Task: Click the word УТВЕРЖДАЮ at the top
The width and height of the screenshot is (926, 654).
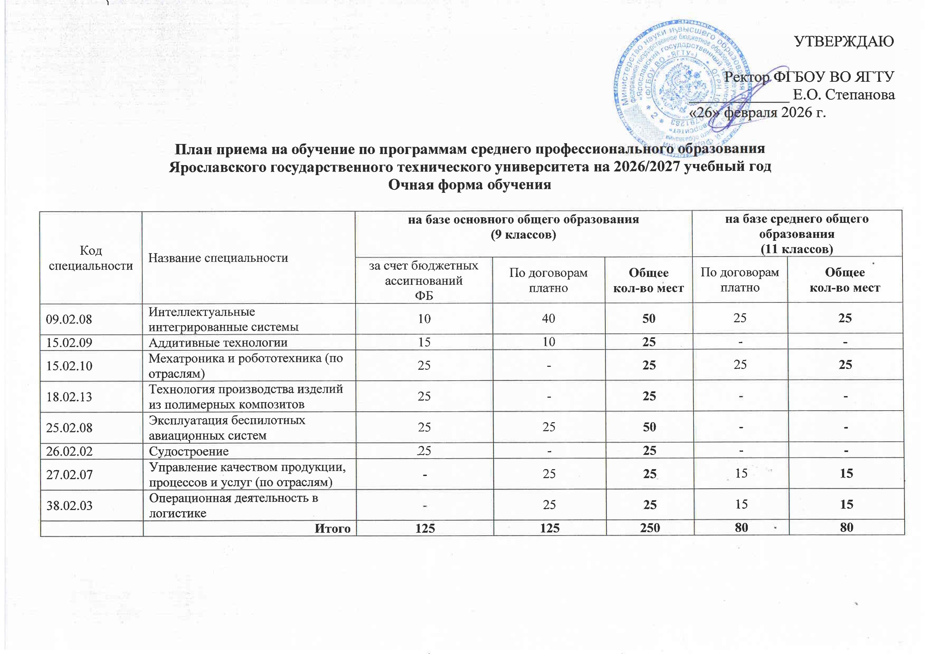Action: (844, 41)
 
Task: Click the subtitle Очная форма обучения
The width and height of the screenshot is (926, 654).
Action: (469, 185)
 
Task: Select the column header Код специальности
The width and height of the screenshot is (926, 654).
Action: (91, 258)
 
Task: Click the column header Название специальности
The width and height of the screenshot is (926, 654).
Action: (218, 258)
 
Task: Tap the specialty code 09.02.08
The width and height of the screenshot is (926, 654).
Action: (69, 319)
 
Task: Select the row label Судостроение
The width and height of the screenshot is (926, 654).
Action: (189, 451)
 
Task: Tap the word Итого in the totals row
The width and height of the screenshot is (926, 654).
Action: (332, 528)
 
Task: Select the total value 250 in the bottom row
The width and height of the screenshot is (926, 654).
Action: (650, 528)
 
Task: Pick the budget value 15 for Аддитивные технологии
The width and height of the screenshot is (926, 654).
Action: (424, 342)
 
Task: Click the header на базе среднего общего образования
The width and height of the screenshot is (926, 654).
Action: (796, 234)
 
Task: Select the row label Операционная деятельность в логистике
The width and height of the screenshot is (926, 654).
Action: (234, 505)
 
